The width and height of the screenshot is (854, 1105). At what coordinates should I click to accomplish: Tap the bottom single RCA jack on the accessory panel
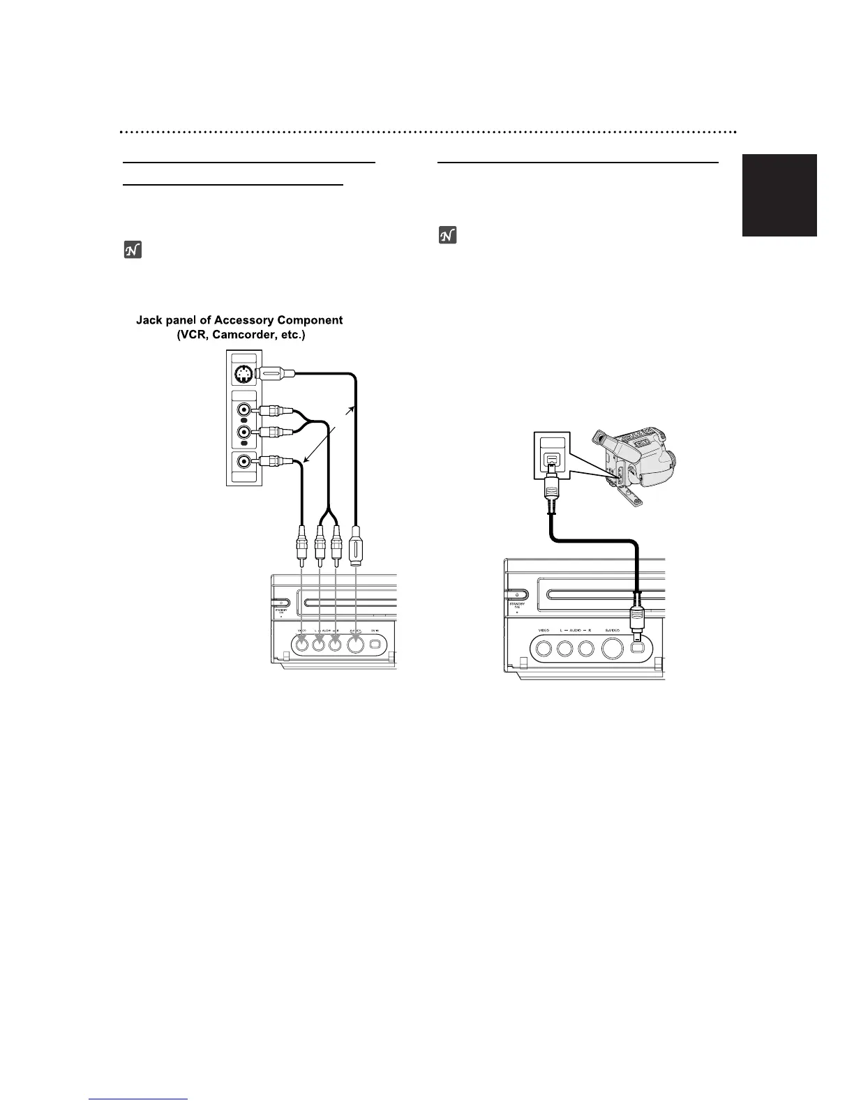244,461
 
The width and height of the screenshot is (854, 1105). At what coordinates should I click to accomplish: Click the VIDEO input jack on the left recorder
301,645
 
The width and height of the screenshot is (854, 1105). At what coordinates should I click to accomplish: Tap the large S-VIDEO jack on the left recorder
356,646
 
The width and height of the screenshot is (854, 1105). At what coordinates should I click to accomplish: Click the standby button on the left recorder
280,602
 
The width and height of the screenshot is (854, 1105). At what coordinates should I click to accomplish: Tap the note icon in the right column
447,236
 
